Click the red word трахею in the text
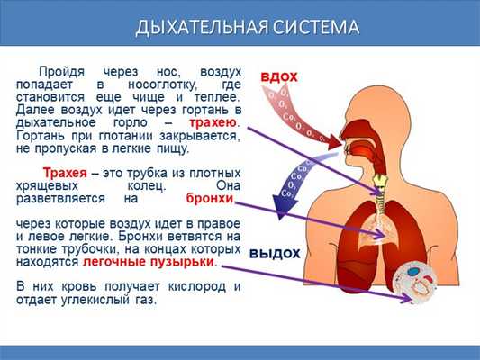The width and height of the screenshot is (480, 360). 213,121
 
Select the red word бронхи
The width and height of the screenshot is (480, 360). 210,197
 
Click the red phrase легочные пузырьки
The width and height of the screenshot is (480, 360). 149,261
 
